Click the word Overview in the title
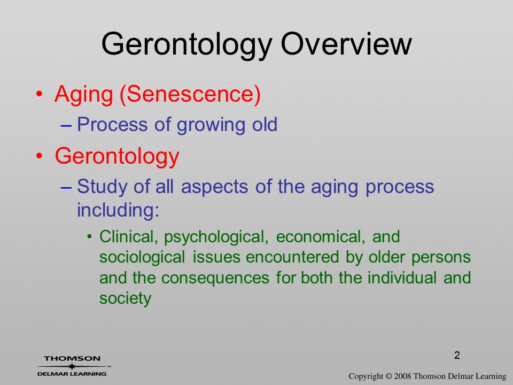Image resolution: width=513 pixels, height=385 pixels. [x=346, y=44]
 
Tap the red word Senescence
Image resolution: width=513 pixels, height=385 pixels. [x=190, y=94]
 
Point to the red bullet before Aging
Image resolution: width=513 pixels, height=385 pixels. [x=39, y=94]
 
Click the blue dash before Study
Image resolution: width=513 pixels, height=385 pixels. [x=66, y=187]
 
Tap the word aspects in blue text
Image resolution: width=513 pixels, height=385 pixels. [x=215, y=188]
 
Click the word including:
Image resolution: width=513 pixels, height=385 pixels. [x=118, y=210]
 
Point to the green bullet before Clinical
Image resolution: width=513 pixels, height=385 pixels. [x=90, y=237]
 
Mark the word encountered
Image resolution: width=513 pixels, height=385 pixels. [x=292, y=257]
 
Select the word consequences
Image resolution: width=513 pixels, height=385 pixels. [x=215, y=278]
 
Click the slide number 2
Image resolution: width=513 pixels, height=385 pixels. [x=457, y=355]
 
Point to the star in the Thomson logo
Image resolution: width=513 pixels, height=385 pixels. [x=72, y=366]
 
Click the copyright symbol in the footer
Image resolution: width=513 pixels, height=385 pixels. [x=388, y=376]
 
